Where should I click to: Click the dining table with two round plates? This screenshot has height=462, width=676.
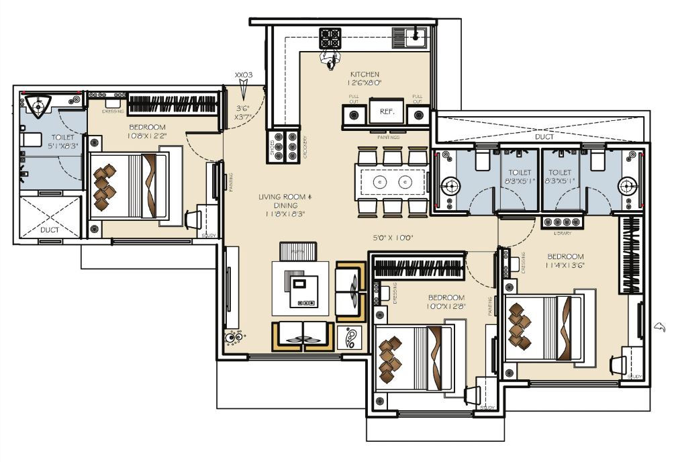coord(392,181)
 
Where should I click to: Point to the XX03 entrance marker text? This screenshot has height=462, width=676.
coord(243,75)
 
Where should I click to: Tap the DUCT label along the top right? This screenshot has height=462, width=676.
coord(544,136)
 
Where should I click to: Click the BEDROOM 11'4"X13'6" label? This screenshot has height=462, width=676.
coord(565,261)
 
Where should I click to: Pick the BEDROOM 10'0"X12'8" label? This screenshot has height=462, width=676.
coord(446,302)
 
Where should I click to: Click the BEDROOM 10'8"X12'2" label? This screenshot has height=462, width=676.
coord(146,132)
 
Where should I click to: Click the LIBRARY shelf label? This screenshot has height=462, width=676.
coord(563,234)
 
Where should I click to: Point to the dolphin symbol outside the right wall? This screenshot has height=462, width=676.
coord(661,327)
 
